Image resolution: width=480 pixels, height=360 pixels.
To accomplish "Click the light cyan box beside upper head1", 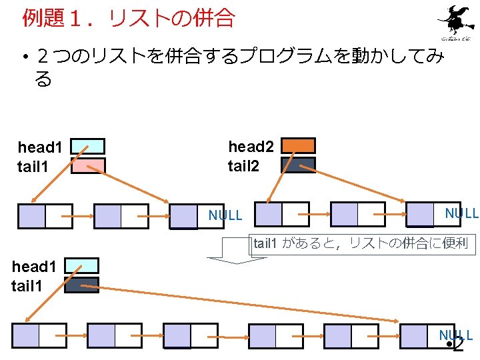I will pos(88,146).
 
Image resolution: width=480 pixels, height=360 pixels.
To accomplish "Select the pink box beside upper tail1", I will pos(88,165).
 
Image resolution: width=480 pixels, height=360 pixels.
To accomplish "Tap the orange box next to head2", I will pos(298,145).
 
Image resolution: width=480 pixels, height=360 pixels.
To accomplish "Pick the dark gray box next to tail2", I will pos(298,165).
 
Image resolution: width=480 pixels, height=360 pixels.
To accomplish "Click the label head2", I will pos(251,146).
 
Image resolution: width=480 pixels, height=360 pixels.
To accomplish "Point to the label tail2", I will pos(244,165).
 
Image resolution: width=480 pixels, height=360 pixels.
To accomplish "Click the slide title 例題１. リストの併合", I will pos(129,19).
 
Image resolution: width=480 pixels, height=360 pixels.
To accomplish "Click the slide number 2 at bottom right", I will pos(458,345).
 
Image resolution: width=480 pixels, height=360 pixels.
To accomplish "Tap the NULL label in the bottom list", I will pos(455,335).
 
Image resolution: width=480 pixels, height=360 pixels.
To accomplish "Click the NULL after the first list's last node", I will pos(225,215).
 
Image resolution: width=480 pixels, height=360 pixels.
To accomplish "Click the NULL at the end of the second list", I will pos(461,213).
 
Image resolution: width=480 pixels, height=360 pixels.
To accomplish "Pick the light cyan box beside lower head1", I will pos(82,265).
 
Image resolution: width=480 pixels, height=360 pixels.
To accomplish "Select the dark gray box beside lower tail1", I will pos(82,285).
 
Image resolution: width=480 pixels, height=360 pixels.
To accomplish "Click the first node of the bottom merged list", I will pos(39,335).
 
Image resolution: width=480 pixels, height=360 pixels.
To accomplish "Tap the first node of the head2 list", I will pos(282,214).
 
